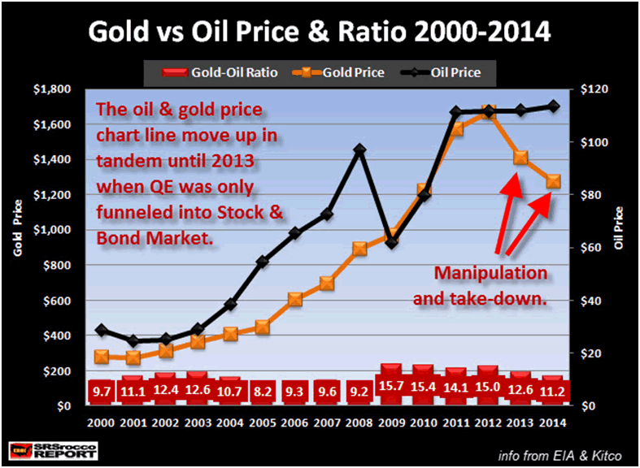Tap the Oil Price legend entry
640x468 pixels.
(445, 72)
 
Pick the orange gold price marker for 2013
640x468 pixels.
(520, 158)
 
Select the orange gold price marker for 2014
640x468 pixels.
(553, 181)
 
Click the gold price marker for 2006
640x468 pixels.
(295, 299)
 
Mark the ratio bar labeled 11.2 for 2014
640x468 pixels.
(553, 390)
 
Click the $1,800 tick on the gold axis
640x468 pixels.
(51, 89)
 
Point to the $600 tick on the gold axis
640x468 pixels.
(56, 301)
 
